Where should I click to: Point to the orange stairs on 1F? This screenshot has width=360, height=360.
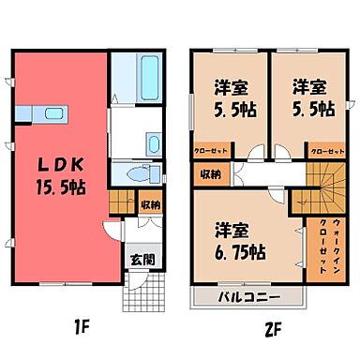pyautogui.click(x=120, y=203)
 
